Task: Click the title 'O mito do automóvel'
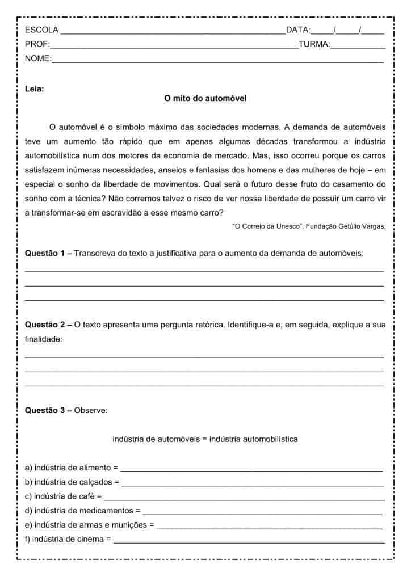tap(205, 98)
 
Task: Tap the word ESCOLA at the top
tap(41, 30)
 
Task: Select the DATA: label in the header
tap(298, 30)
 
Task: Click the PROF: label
tap(37, 44)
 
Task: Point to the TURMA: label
tap(314, 44)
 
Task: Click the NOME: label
tap(38, 58)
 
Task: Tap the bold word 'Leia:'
tap(35, 89)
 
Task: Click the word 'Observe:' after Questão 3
tap(91, 410)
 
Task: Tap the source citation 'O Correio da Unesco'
tap(267, 226)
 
